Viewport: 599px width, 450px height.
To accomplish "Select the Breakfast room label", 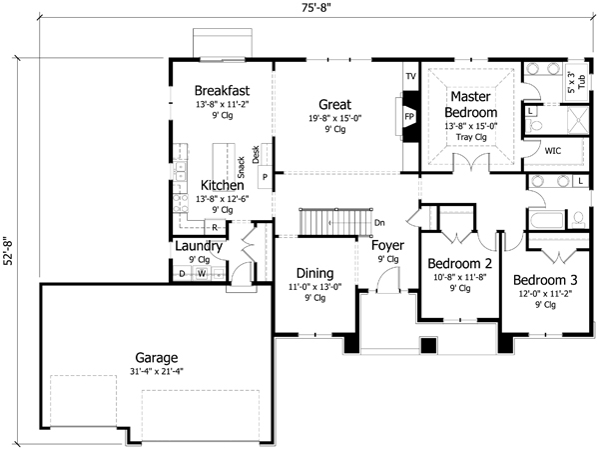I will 221,88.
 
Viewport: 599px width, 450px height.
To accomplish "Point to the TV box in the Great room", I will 409,76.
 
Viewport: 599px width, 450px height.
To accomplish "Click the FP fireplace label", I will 408,116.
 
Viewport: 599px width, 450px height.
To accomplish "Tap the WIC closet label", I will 553,150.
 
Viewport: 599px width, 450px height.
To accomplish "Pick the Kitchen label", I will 222,185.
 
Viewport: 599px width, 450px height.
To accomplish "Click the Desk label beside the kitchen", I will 256,154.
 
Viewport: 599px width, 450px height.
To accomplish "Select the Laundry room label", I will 198,246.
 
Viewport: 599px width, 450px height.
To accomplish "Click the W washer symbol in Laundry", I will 201,273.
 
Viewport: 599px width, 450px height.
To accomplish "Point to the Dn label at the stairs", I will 378,221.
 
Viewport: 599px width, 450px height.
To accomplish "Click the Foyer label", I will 387,245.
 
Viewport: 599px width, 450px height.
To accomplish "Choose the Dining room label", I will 314,272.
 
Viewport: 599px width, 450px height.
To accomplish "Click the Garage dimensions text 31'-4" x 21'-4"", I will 157,372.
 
